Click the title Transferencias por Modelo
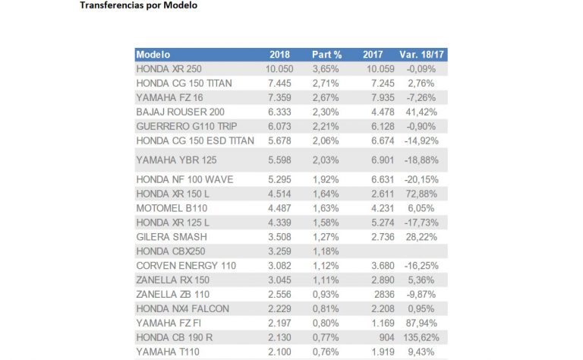[x=138, y=5]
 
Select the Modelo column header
[x=153, y=55]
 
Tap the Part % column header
[x=327, y=55]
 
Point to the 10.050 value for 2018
[x=279, y=68]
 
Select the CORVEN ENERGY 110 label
[x=186, y=265]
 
